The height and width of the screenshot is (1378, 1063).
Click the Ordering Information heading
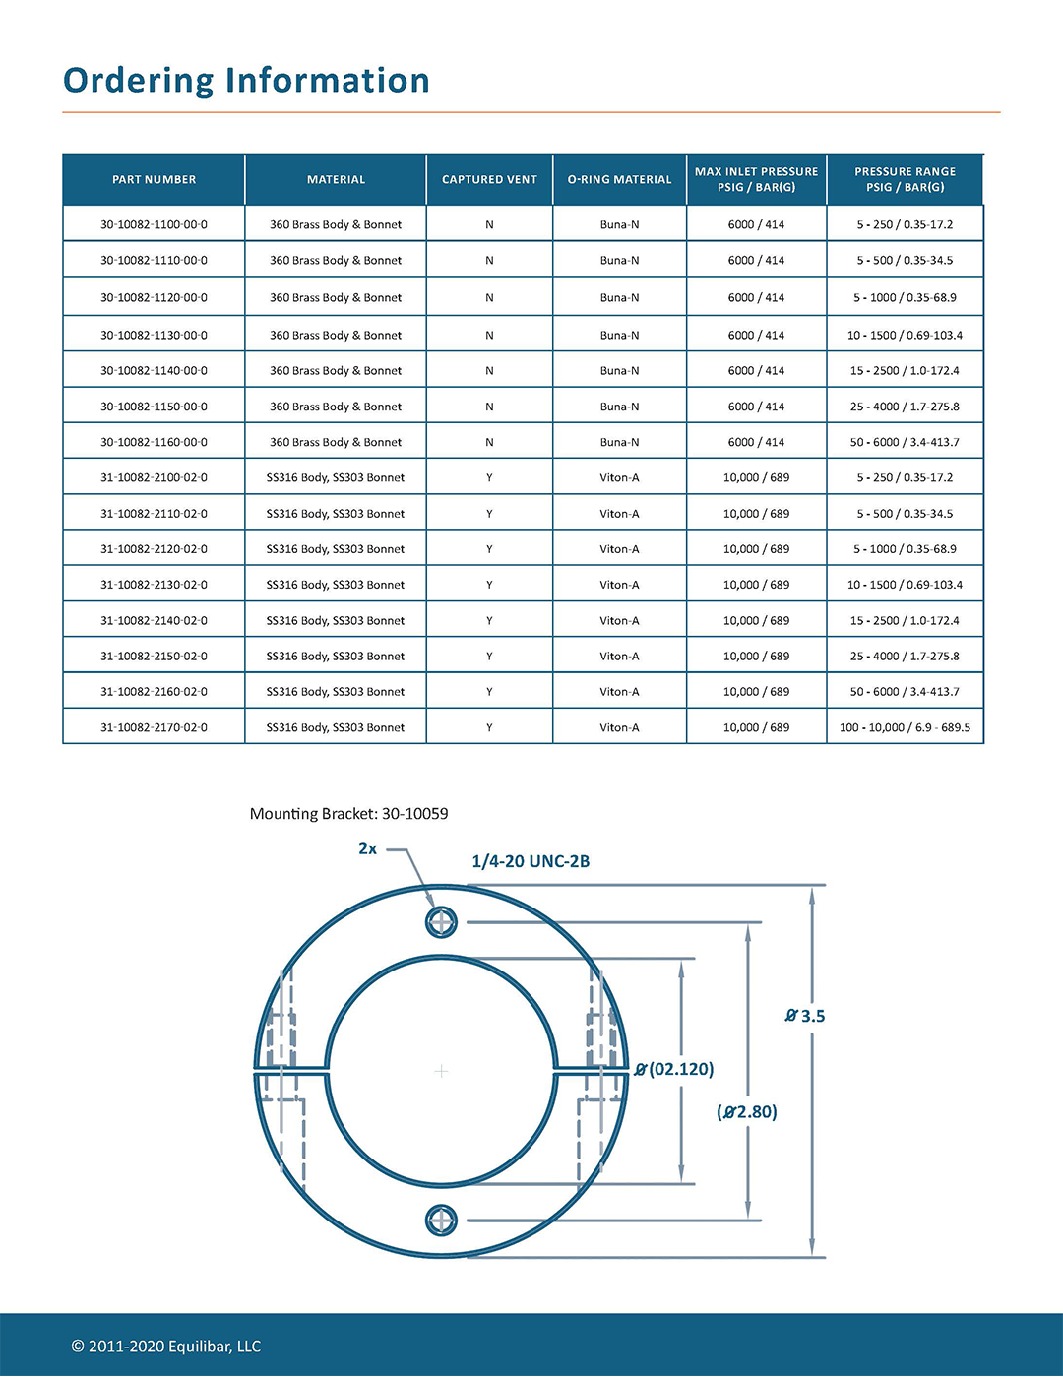tap(246, 81)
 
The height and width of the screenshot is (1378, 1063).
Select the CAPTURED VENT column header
tap(489, 180)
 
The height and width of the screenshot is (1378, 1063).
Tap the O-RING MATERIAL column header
tap(619, 180)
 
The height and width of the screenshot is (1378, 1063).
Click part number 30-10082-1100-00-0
tap(154, 225)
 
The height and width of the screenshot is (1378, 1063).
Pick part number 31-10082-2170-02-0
tap(154, 728)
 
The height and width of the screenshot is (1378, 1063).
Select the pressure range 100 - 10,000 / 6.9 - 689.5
tap(905, 728)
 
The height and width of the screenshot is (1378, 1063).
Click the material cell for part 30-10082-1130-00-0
tap(336, 336)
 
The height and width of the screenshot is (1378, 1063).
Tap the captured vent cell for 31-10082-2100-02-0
tap(489, 478)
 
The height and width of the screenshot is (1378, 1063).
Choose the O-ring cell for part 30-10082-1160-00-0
tap(619, 443)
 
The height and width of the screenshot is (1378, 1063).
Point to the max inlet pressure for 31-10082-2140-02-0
tap(756, 621)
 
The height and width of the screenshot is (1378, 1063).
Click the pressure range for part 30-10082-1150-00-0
tap(905, 407)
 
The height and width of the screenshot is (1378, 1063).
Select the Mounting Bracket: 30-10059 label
tap(348, 814)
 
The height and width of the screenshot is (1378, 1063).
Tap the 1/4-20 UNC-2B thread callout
tap(531, 862)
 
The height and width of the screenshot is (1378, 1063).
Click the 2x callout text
tap(367, 848)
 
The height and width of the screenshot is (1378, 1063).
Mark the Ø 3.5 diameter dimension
tap(805, 1016)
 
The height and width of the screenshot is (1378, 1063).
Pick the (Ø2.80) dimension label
tap(747, 1112)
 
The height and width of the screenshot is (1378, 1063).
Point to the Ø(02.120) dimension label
tap(674, 1069)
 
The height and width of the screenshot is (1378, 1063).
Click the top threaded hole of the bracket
tap(441, 922)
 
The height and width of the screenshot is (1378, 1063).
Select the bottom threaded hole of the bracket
tap(441, 1221)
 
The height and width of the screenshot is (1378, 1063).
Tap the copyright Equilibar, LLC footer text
tap(165, 1347)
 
